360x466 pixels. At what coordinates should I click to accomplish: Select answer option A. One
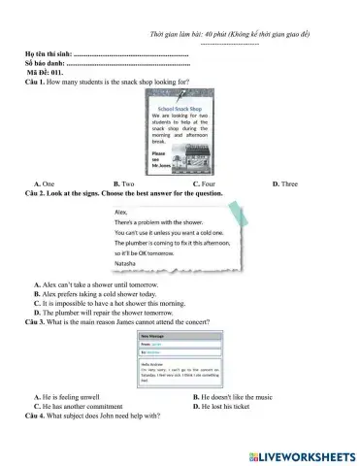pos(44,183)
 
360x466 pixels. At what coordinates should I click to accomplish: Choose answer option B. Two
pos(123,183)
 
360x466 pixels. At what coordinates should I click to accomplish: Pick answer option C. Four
pos(203,183)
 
